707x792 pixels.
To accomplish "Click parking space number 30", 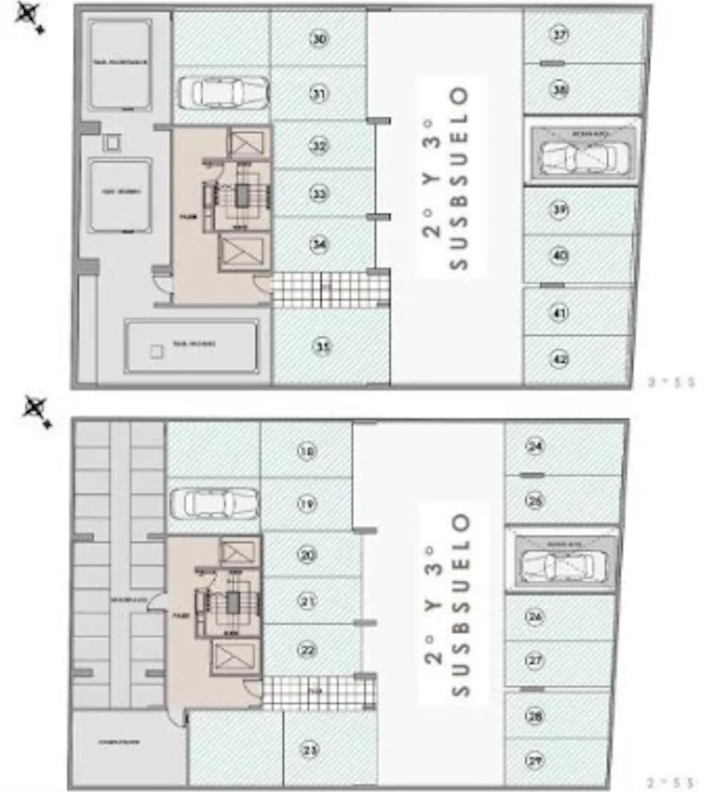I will coord(318,39).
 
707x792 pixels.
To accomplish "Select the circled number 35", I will coord(321,346).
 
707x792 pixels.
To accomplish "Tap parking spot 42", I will coord(560,359).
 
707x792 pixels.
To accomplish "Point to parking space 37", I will coord(560,34).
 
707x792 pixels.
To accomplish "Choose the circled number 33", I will coord(318,194).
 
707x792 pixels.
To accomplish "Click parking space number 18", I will coord(307,451).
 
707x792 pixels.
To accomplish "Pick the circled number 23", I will coord(311,749).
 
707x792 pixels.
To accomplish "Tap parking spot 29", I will coord(535,760).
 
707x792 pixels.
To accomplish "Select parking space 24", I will coord(535,445).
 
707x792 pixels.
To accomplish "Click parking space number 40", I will coord(560,256).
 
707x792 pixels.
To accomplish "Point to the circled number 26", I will coord(535,617).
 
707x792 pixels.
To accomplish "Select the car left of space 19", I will coord(213,503).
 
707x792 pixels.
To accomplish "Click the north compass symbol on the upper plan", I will coord(30,15).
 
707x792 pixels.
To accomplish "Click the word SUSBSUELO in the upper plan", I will coord(459,178).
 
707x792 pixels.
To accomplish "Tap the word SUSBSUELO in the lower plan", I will coord(459,605).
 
